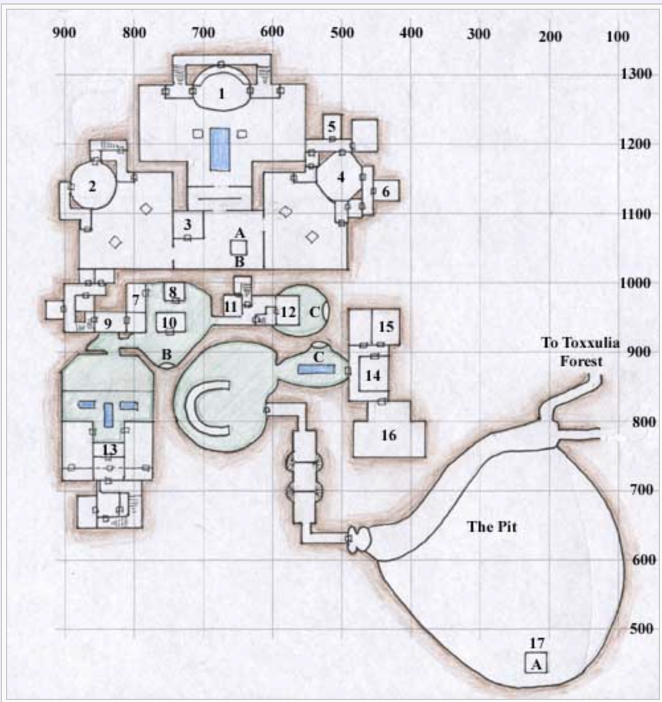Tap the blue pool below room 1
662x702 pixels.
click(220, 150)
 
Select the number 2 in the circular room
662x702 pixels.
click(92, 186)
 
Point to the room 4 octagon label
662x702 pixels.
click(341, 177)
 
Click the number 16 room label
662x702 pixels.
click(389, 435)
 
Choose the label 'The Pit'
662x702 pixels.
click(491, 527)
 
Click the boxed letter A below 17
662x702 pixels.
click(536, 663)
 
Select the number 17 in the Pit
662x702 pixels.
click(536, 642)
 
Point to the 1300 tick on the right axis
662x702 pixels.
click(638, 74)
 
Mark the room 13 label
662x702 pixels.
click(109, 450)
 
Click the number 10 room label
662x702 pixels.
click(169, 323)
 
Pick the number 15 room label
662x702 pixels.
click(386, 326)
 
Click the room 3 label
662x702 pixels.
click(188, 223)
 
